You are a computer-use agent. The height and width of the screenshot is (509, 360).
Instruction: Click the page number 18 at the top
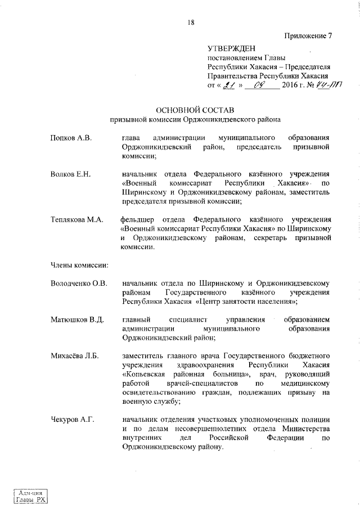[x=191, y=22]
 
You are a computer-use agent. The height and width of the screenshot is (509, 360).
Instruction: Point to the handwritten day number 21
[x=228, y=86]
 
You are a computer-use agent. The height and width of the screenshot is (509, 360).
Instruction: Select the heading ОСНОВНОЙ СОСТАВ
[x=194, y=110]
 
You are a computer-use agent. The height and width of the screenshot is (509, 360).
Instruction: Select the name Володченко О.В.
[x=79, y=283]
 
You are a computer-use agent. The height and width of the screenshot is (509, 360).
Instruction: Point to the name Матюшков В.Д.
[x=77, y=320]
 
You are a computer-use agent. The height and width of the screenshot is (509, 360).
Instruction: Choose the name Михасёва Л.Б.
[x=74, y=356]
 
